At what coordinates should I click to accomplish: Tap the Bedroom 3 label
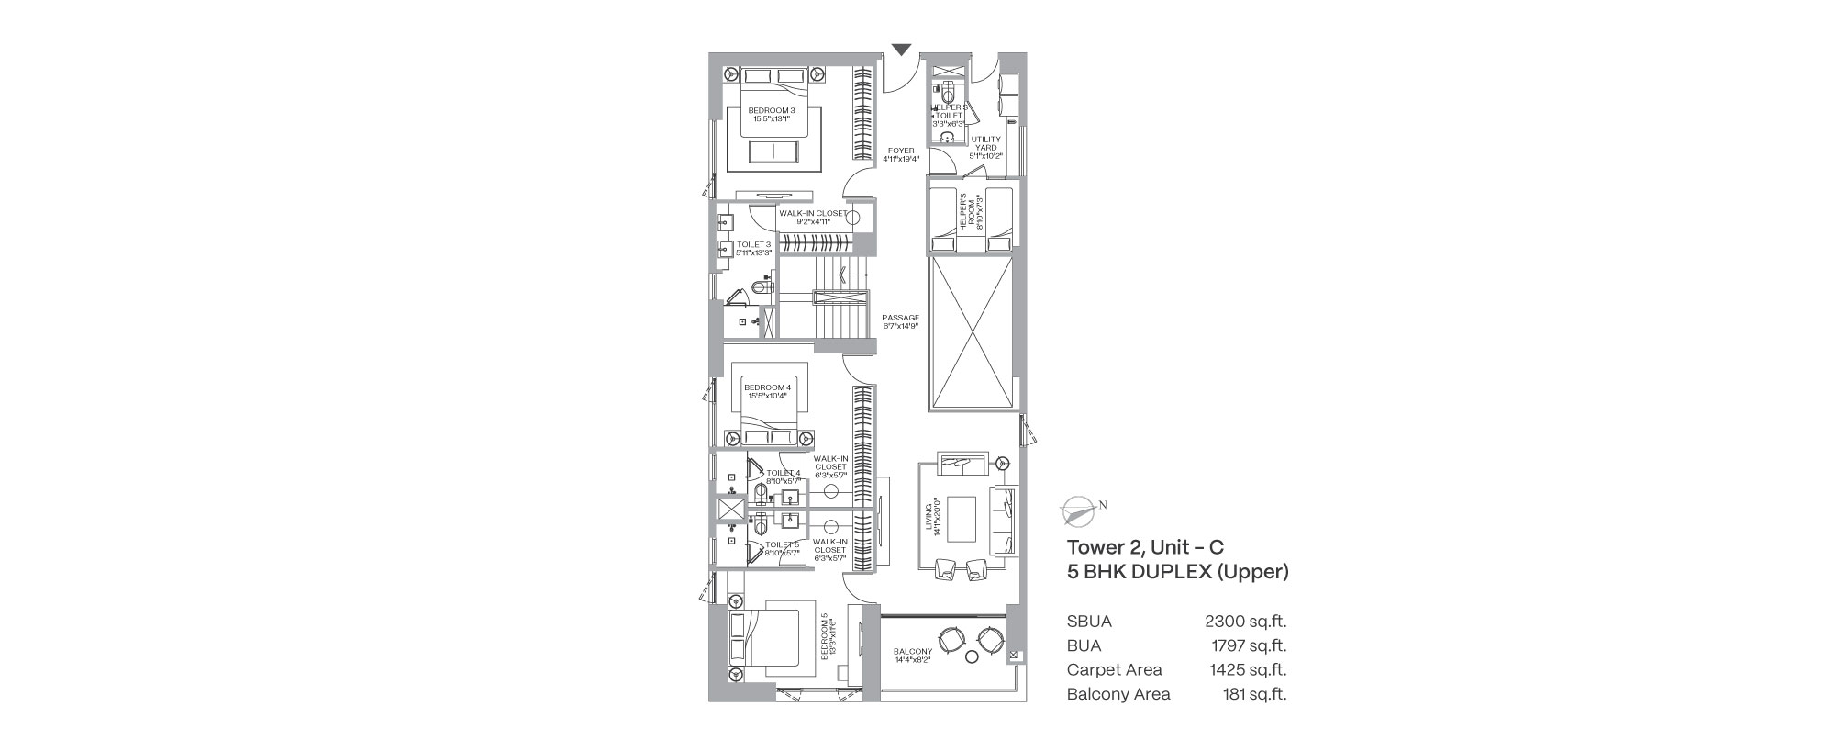772,114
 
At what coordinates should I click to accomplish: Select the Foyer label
900,154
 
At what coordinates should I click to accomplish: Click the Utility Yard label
986,148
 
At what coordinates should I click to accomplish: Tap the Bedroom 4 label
767,391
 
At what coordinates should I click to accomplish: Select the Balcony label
912,656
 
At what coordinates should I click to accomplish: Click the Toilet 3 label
754,248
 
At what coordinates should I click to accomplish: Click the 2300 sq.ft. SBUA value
1245,622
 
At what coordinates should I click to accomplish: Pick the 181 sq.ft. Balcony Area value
1254,694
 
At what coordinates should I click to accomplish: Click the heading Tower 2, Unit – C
1144,547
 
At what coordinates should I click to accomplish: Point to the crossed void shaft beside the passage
972,331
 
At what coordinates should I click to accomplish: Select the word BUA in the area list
1084,645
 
